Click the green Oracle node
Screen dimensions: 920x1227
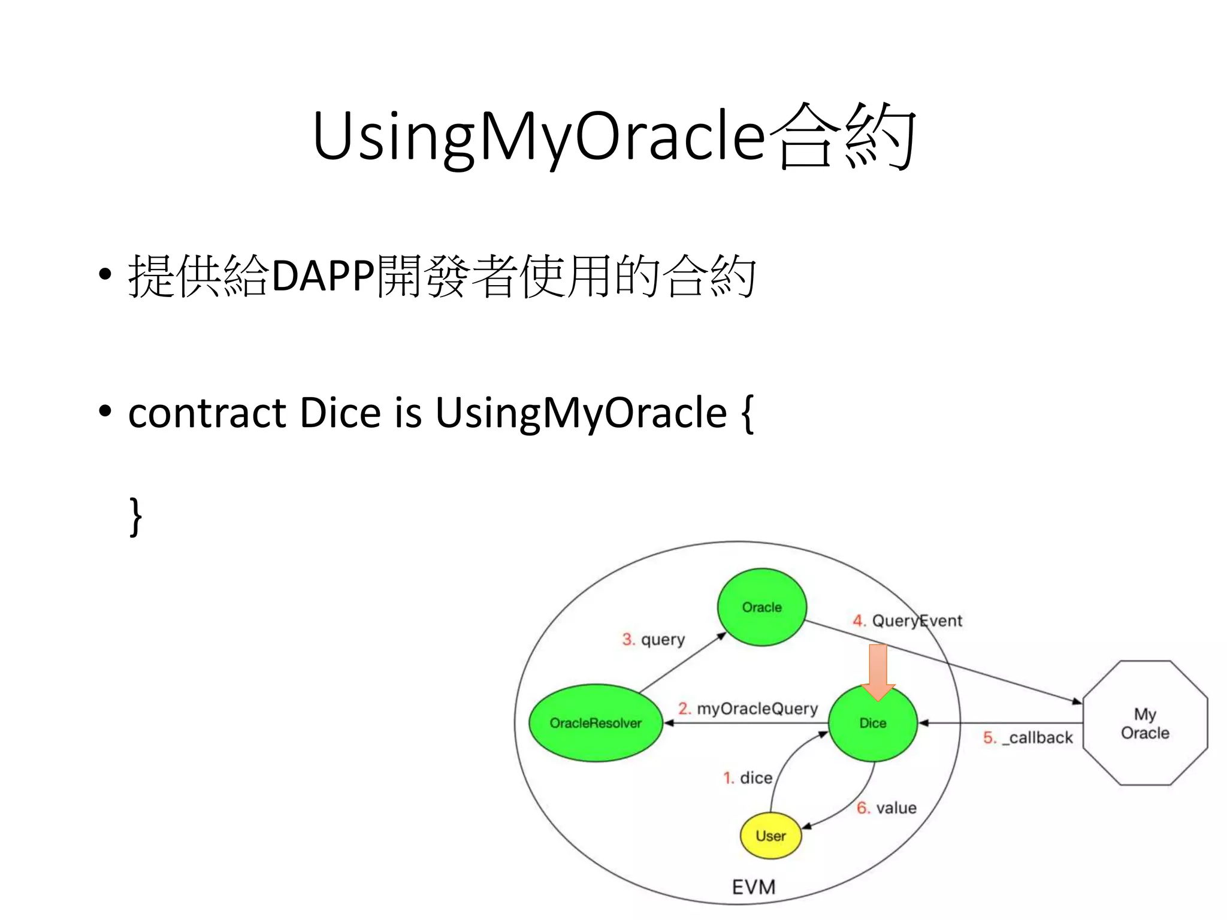pos(761,607)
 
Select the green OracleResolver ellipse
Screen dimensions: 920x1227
pos(596,723)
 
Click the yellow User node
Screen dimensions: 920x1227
pos(770,836)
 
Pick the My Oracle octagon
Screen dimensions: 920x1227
pos(1145,723)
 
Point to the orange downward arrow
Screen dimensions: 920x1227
pos(878,671)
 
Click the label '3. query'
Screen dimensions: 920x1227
pos(653,639)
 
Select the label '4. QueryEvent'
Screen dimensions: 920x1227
pos(907,621)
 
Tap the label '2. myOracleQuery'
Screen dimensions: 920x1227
pos(748,709)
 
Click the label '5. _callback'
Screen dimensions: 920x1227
pos(1027,737)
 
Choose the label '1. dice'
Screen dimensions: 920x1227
pos(748,777)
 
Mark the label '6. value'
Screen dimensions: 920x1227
pos(886,808)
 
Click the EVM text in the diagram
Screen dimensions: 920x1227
pos(753,886)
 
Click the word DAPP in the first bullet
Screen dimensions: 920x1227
pos(323,276)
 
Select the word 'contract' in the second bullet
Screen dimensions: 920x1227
pos(207,413)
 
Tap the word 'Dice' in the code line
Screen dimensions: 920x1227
pos(340,413)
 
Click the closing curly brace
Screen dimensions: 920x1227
pos(136,516)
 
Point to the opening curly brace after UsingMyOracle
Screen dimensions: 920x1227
pos(747,413)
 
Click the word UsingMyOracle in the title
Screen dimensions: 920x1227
pos(538,136)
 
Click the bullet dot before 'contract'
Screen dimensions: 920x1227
pos(105,411)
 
